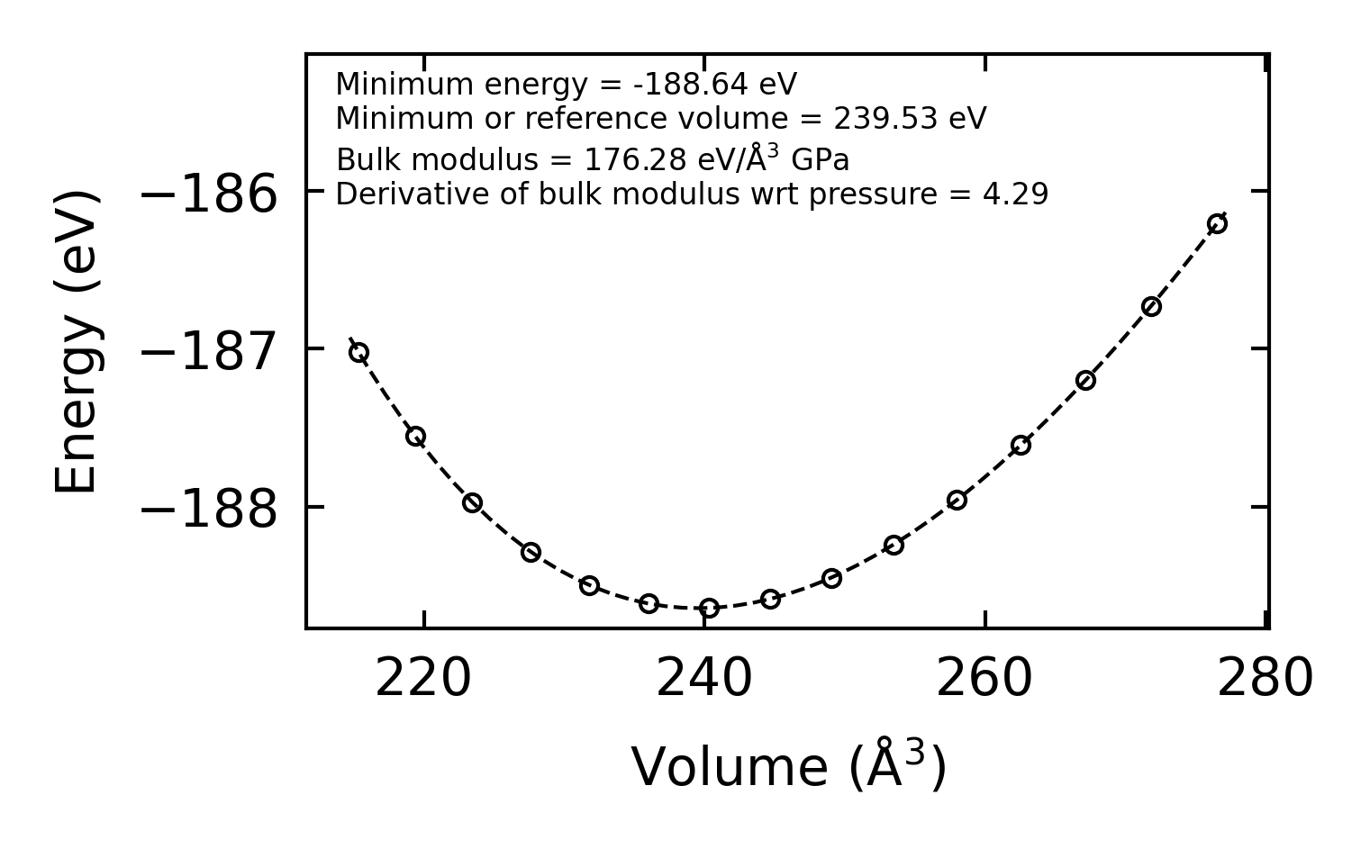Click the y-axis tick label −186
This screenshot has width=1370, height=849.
tap(210, 194)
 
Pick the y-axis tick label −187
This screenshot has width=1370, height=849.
tap(210, 351)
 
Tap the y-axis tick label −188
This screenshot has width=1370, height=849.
tap(210, 510)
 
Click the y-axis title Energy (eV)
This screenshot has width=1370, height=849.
tap(77, 341)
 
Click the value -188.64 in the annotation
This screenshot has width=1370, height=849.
tap(690, 85)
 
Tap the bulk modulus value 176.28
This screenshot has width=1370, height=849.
tap(637, 160)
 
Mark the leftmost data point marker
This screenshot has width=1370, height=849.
tap(358, 352)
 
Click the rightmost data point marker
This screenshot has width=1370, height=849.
tap(1217, 223)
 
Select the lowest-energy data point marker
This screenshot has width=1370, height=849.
tap(710, 608)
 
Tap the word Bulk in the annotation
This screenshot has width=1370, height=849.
tap(359, 160)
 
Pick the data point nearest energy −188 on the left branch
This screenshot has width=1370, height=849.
tap(472, 502)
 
